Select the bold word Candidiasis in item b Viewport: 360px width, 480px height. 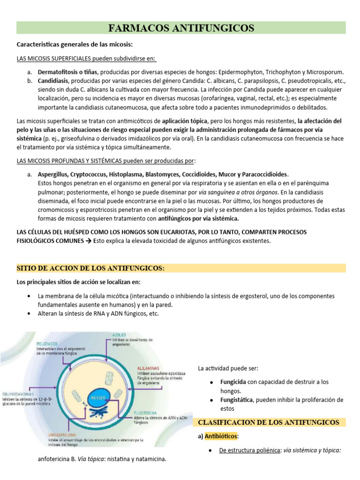[54, 81]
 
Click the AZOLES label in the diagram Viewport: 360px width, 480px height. [119, 335]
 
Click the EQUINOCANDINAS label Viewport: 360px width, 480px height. [18, 394]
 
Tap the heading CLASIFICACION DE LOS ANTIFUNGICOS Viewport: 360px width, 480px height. [269, 422]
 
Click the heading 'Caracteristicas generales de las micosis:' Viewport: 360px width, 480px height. [75, 45]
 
